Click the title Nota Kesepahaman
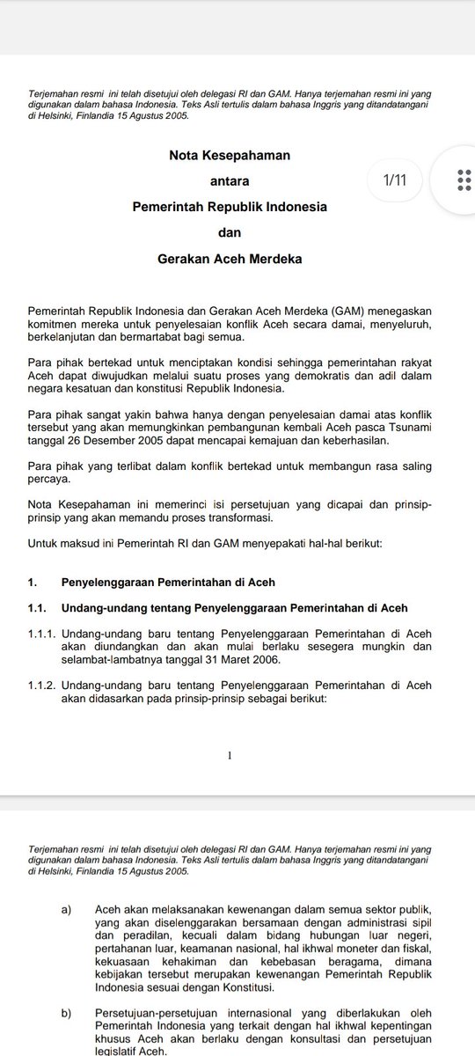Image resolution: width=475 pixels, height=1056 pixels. point(229,155)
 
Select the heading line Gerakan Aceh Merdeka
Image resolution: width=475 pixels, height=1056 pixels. point(229,260)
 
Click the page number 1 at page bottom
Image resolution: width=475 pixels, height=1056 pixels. point(229,755)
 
